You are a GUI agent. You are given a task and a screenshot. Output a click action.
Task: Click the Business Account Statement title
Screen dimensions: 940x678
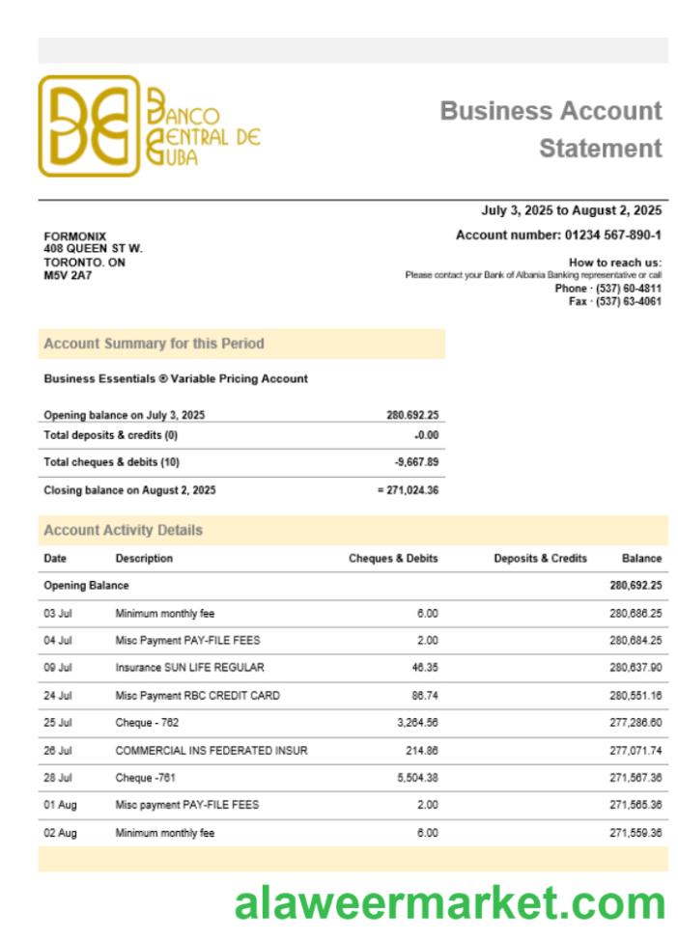click(551, 129)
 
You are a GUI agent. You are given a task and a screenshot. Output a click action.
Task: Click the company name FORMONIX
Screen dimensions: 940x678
click(75, 236)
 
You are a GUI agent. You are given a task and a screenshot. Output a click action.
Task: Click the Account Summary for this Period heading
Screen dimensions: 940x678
click(154, 344)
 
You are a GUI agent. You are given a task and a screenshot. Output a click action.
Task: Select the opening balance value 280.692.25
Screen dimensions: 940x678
click(412, 415)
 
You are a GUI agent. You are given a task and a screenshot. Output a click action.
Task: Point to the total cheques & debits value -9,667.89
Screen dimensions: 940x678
click(416, 462)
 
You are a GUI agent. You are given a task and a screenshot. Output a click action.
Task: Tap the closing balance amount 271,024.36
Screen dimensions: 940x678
click(412, 490)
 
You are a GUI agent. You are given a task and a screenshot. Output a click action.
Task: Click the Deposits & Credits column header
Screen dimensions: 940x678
click(540, 559)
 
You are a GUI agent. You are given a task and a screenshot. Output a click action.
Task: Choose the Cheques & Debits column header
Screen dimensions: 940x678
click(393, 559)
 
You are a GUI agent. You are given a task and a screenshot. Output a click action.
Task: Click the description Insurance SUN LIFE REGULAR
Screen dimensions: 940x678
click(189, 667)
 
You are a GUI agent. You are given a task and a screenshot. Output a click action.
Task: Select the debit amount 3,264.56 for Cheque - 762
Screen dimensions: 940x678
click(417, 722)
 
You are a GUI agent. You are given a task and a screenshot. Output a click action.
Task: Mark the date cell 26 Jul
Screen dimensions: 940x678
click(58, 750)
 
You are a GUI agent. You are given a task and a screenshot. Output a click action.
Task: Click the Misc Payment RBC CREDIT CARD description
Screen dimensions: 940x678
click(198, 695)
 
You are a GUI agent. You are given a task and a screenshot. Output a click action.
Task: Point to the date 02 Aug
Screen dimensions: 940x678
click(60, 833)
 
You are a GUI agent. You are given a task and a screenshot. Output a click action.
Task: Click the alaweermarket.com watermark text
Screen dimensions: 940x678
click(449, 904)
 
